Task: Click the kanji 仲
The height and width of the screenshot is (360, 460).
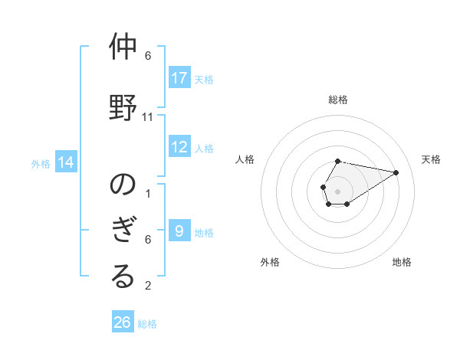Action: (123, 47)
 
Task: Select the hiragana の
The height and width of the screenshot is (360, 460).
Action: (123, 184)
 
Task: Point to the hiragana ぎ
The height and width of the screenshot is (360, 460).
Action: (123, 230)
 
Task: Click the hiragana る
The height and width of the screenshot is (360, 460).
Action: (123, 277)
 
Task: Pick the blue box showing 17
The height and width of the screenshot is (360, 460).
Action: (179, 78)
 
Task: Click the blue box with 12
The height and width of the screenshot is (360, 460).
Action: (179, 147)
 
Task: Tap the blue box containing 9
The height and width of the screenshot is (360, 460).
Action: (179, 231)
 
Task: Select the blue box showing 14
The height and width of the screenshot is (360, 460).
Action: (66, 162)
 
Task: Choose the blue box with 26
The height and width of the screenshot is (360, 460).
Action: (123, 322)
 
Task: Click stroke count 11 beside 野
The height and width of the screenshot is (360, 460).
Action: (148, 117)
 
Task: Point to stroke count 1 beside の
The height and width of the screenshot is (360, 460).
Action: (148, 193)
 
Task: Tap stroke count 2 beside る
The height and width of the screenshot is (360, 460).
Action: (148, 286)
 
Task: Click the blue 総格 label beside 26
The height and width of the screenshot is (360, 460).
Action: (147, 324)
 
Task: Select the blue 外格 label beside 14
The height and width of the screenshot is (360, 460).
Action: (41, 163)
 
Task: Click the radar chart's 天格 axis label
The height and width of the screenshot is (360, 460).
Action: (431, 159)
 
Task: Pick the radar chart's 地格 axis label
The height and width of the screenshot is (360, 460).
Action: (402, 262)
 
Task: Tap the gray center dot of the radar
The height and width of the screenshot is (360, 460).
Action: (338, 191)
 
